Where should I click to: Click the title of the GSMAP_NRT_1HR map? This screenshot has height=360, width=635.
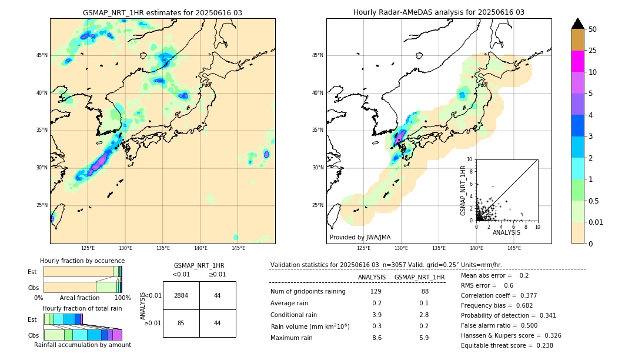coord(162,12)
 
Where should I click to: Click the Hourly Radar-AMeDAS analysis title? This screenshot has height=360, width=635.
coord(439,12)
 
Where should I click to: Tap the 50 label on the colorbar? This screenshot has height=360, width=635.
coord(593,29)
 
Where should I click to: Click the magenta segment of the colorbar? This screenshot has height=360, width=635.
coord(577,61)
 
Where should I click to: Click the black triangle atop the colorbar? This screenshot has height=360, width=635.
coord(577,24)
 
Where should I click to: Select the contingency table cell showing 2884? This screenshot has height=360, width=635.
coord(181,295)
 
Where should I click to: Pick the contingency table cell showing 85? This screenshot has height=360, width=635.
coord(181,323)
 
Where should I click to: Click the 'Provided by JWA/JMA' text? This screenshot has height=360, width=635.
coord(360,237)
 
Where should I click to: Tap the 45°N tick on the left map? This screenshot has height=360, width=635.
coord(42,55)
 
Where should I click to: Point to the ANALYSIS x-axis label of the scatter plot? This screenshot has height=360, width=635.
coord(506,232)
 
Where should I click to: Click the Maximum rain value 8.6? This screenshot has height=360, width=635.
coord(376,338)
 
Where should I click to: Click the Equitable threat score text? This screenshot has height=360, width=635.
coord(507,345)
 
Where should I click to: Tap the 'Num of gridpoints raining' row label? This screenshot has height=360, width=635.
coord(308,292)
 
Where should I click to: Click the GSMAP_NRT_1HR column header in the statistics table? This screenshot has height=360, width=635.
coord(419,277)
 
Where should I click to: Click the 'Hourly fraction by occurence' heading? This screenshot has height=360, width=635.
coord(82,261)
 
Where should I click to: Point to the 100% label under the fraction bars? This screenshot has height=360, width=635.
coord(122,298)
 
